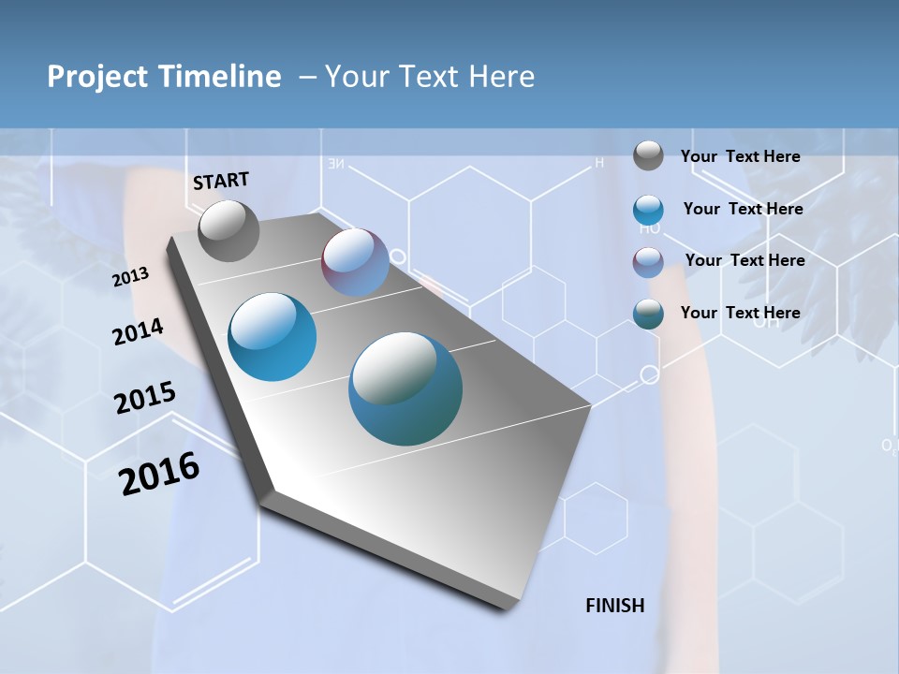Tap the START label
point(221,181)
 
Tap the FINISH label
point(615,606)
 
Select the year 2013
point(131,277)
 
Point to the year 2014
point(138,332)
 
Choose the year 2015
point(145,398)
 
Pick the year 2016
point(159,474)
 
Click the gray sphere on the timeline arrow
point(228,230)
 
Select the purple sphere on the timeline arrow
point(356,262)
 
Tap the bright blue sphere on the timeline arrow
point(273,337)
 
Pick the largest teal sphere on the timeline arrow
point(405,388)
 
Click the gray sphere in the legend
point(648,155)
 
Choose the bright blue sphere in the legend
point(648,210)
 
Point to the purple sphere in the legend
point(648,262)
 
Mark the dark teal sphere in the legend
point(648,314)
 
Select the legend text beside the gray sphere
point(740,156)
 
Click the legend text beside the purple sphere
point(744,260)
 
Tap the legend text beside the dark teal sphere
point(740,313)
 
